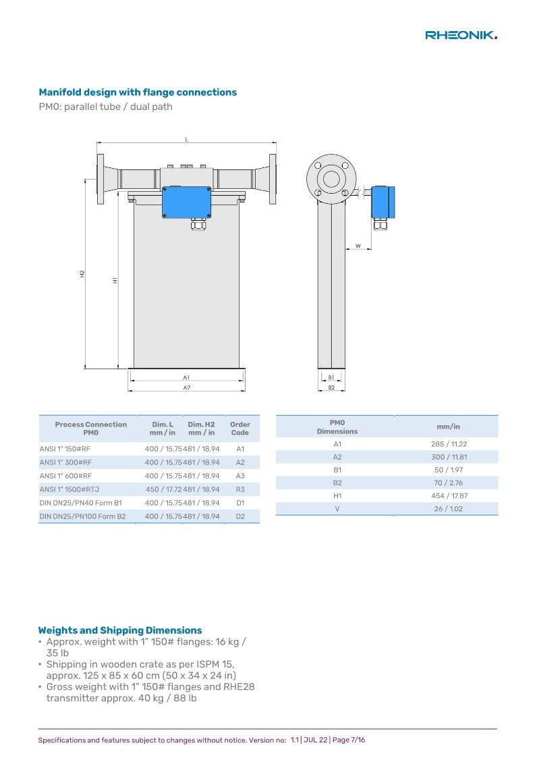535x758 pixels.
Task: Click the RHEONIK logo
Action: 461,35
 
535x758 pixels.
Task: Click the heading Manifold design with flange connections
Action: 138,92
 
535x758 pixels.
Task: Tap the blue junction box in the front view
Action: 187,202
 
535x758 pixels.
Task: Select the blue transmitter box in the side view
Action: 383,202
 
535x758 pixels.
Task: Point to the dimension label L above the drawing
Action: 187,140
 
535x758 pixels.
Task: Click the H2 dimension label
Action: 82,273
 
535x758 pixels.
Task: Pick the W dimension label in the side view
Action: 358,246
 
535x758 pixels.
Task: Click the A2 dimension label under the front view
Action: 187,387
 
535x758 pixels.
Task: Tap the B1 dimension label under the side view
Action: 331,377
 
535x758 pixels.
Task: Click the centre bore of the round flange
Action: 331,178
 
